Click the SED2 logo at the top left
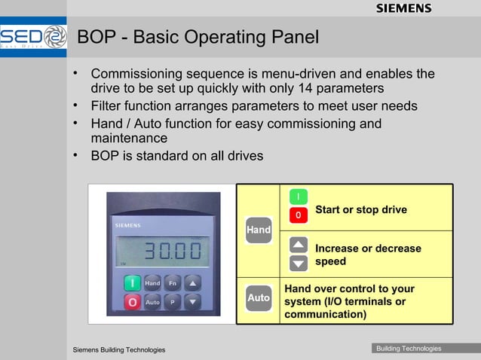tap(34, 37)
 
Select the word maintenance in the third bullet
tap(129, 139)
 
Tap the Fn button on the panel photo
tap(173, 283)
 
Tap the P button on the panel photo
tap(173, 301)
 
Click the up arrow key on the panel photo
tap(193, 283)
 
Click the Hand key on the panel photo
tap(152, 283)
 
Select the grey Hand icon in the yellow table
tap(258, 230)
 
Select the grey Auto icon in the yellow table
tap(258, 297)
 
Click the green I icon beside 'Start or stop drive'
tap(299, 197)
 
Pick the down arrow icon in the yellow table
tap(299, 263)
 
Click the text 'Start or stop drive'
tap(360, 209)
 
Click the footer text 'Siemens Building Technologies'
tap(118, 350)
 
